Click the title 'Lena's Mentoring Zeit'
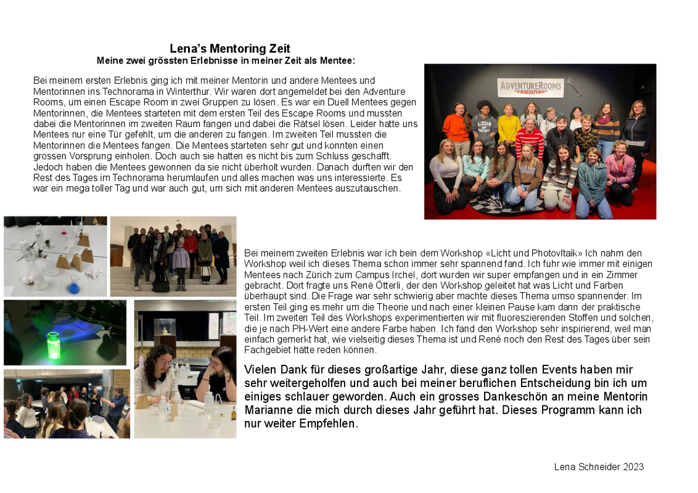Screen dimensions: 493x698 (230, 49)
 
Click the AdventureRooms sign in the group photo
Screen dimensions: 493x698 (530, 88)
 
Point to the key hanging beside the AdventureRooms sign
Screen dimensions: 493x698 (574, 88)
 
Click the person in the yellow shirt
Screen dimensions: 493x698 (509, 125)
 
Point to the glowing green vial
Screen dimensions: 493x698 (54, 344)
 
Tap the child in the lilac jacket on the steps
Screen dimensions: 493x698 (181, 262)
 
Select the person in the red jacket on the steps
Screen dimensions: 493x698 (191, 246)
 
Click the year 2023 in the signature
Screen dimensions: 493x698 (633, 467)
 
